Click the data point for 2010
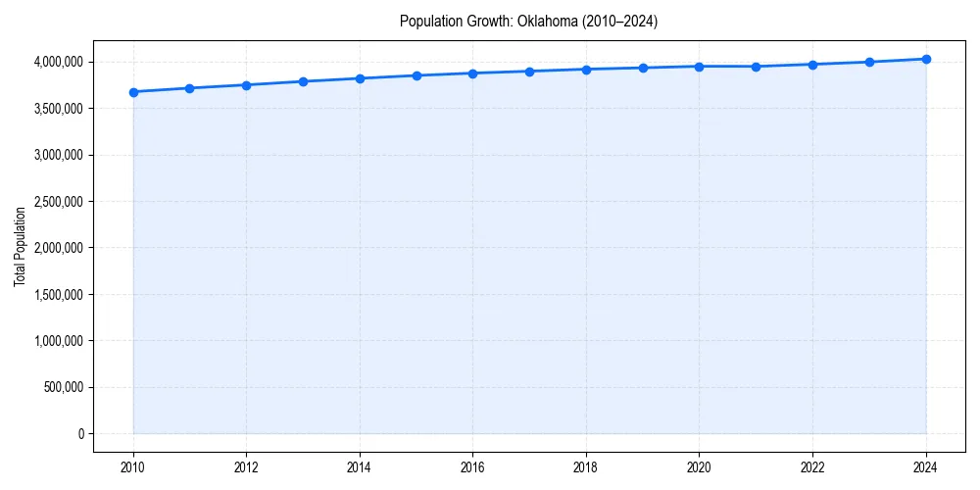tap(133, 92)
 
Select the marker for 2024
tap(926, 59)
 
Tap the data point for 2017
tap(529, 72)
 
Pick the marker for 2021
tap(756, 67)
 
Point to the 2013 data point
tap(303, 81)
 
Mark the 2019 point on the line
tap(643, 69)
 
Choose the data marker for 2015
tap(416, 75)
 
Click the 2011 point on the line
tap(189, 88)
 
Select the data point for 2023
tap(869, 62)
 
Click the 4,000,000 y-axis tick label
tap(56, 62)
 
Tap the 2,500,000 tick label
tap(56, 202)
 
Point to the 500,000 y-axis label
tap(61, 387)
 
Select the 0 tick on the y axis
tap(80, 434)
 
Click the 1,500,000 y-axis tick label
tap(56, 295)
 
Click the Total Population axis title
tap(20, 247)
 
